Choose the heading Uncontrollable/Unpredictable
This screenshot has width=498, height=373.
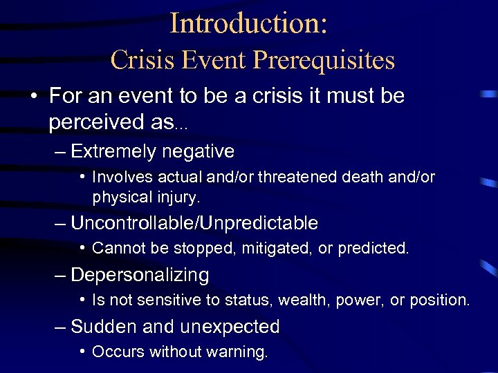coord(194,223)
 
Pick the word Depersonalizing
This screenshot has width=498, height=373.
coord(140,275)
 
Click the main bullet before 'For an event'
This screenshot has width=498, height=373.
coord(33,97)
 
